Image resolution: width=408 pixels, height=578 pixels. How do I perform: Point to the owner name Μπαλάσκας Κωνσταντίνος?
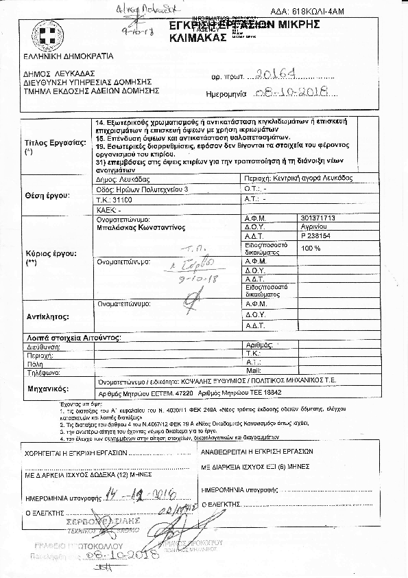(141, 226)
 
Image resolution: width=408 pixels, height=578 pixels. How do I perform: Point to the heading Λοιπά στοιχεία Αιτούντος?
(73, 338)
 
